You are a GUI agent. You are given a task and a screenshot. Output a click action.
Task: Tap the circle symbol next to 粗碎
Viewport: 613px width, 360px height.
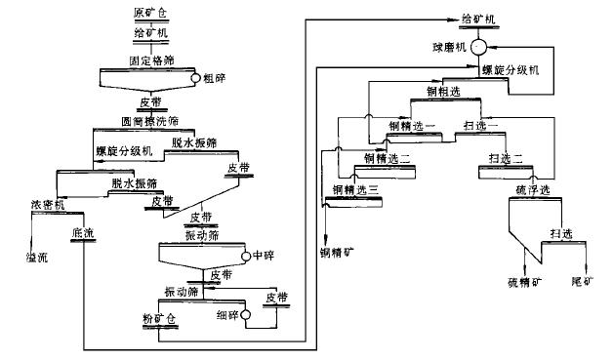click(x=196, y=78)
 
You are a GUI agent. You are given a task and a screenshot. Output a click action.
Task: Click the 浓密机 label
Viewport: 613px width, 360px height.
click(x=47, y=205)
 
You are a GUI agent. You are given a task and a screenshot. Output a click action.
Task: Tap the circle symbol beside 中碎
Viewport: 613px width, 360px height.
click(x=245, y=255)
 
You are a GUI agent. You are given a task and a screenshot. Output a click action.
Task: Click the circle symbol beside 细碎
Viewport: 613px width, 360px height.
click(x=245, y=315)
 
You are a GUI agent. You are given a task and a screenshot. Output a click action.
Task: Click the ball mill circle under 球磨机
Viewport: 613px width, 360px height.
click(x=479, y=48)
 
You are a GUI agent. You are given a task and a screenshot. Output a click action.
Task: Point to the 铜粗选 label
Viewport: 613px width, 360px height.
click(x=444, y=91)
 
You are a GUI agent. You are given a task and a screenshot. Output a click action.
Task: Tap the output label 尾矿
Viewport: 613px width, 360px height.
click(x=582, y=282)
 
